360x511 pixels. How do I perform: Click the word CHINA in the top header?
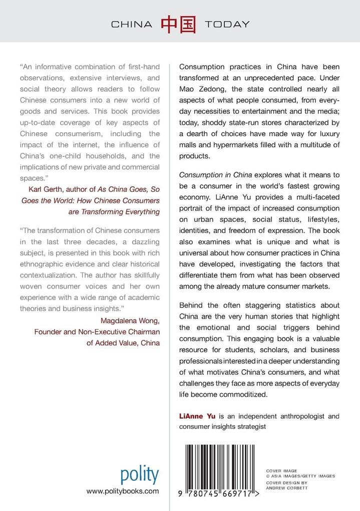[x=131, y=24]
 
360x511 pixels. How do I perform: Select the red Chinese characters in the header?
[x=178, y=24]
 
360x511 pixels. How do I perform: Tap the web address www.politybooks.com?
[x=123, y=491]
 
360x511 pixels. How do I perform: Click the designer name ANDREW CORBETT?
[x=287, y=487]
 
